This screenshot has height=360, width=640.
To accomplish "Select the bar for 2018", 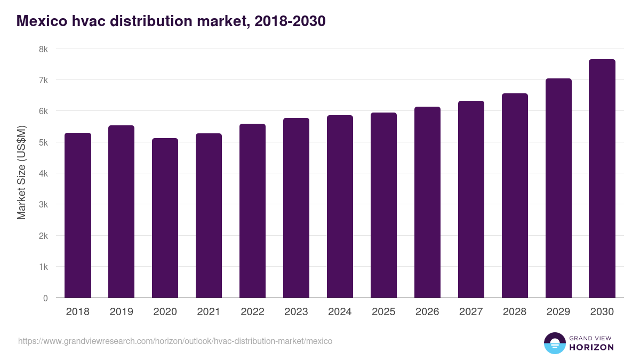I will (x=78, y=215).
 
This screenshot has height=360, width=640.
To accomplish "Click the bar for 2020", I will (x=165, y=218).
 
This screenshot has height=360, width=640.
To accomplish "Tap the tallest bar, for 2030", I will (x=602, y=179).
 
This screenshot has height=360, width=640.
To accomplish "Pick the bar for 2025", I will (x=384, y=205).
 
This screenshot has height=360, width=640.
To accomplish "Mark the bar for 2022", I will (x=253, y=211).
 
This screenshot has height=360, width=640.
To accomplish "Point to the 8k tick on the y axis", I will (x=43, y=49).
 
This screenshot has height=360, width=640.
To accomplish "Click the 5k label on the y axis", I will (x=43, y=142).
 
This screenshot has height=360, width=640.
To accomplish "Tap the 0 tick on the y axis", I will (x=45, y=298).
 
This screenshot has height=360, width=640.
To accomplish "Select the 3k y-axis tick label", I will (x=43, y=205).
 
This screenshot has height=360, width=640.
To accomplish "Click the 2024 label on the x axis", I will (x=340, y=312).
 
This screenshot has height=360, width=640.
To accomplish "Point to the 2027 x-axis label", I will (x=471, y=312).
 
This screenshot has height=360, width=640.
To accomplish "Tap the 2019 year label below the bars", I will (x=122, y=312).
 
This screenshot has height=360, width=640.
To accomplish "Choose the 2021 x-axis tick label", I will (x=209, y=312).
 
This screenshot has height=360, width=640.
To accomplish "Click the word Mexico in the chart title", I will (x=42, y=21).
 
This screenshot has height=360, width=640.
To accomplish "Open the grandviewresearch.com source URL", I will (x=175, y=341).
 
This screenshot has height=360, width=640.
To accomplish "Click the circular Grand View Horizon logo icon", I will (x=554, y=343).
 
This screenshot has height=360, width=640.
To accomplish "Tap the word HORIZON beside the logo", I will (x=591, y=347).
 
